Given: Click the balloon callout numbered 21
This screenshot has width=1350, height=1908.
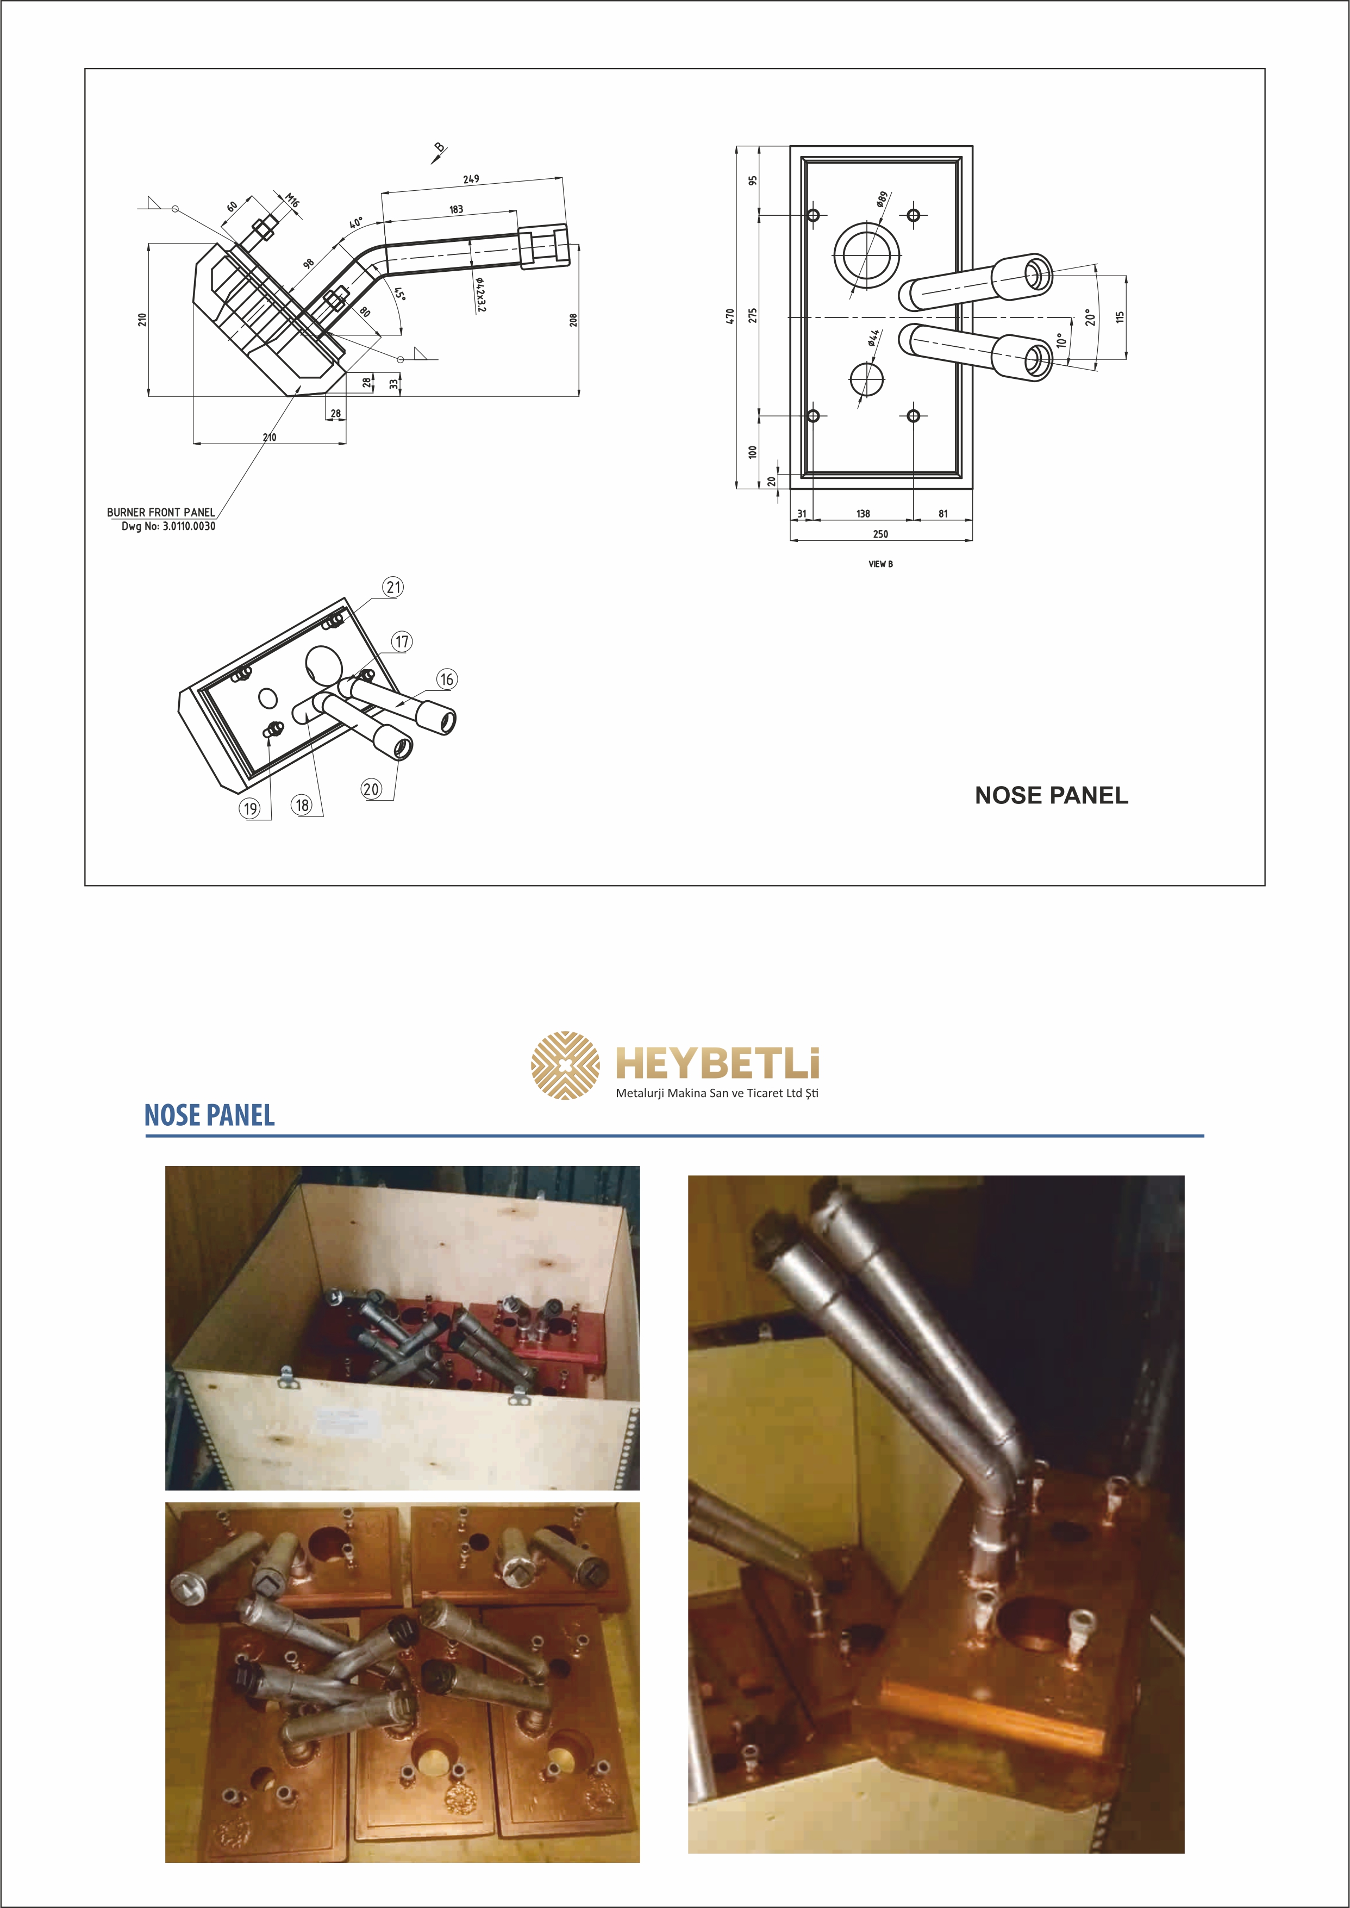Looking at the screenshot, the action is (x=393, y=587).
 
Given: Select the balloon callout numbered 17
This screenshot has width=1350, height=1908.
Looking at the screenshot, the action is (x=402, y=641).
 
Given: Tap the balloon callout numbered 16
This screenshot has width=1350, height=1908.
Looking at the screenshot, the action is (x=447, y=679).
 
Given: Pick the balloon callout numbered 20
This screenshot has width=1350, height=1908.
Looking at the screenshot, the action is (x=372, y=789).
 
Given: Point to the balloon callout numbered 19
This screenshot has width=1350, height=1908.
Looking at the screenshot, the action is (x=250, y=808).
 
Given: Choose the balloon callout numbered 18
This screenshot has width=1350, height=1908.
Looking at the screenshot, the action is (x=302, y=805).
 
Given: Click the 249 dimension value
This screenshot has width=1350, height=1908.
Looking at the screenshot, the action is (x=471, y=179).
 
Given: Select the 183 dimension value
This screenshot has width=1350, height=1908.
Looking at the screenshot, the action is (x=457, y=209).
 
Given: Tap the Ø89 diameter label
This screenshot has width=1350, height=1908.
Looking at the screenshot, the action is (x=882, y=199).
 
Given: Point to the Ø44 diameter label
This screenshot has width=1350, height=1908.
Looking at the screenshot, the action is (x=873, y=336).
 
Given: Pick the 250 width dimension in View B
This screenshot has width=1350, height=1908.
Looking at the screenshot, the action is (x=880, y=534).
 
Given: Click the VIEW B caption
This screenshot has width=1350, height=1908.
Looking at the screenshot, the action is (x=880, y=564).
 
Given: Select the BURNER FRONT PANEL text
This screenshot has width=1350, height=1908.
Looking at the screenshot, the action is (x=160, y=512).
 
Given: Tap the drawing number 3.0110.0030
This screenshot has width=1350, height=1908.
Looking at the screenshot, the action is (x=189, y=526).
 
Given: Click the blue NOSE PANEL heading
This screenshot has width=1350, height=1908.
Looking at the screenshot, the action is (x=209, y=1115).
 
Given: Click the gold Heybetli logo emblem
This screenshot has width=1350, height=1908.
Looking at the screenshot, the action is (x=565, y=1065).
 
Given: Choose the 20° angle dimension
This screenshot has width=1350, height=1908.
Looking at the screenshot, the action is (x=1090, y=317).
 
